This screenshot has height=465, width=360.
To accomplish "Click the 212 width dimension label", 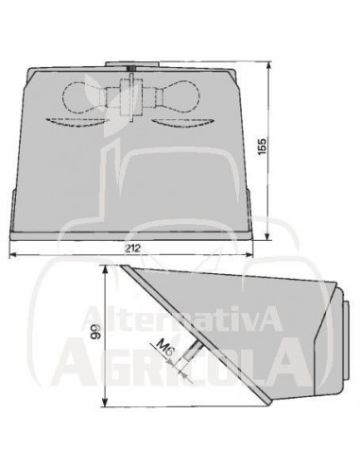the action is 131,249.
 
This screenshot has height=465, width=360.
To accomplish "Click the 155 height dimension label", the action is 262,146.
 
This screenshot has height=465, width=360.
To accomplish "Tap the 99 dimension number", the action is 94,332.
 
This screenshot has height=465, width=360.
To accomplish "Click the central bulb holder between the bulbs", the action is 130,95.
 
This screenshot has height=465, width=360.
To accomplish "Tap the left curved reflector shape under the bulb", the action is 75,122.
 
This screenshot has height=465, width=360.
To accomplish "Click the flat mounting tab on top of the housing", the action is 132,64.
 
